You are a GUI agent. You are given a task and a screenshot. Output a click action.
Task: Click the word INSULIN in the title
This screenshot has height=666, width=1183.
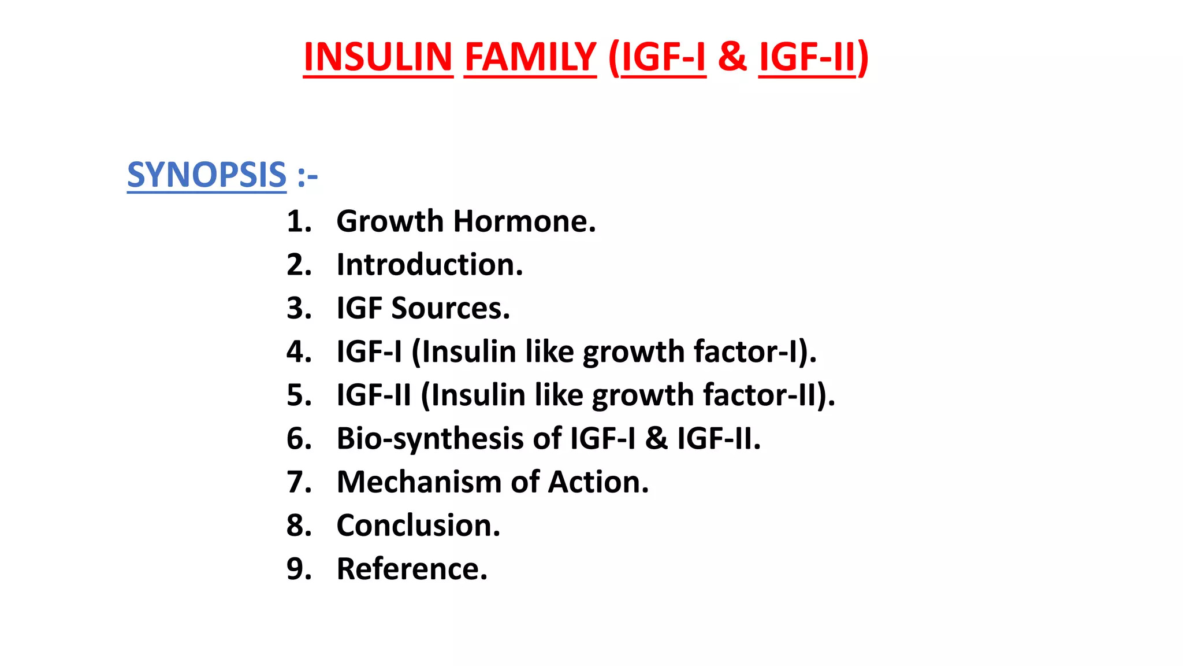click(378, 57)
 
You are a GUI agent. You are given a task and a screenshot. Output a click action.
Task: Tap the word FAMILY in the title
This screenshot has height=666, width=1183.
click(530, 57)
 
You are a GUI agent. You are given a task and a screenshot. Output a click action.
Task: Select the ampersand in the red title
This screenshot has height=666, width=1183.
click(732, 57)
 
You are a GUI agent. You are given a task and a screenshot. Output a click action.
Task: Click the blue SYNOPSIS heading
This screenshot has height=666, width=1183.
click(207, 175)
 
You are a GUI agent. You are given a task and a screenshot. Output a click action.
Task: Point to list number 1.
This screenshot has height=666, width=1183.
click(299, 221)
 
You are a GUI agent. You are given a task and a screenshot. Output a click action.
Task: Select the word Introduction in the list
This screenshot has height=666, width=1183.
click(430, 265)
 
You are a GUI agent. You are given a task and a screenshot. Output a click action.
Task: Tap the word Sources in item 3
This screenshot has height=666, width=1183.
click(451, 308)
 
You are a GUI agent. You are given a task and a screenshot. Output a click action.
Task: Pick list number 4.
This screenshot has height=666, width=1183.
click(299, 351)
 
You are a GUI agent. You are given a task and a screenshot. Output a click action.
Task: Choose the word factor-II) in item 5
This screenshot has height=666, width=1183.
click(769, 395)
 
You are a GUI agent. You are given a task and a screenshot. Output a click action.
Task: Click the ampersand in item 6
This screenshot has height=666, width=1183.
click(656, 438)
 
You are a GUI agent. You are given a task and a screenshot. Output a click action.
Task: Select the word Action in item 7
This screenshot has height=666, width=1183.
click(598, 482)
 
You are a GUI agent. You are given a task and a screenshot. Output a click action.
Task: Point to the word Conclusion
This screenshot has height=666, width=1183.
click(418, 525)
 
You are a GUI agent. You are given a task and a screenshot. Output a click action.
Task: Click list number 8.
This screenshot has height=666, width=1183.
click(299, 525)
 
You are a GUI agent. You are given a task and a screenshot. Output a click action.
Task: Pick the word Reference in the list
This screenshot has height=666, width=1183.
click(412, 569)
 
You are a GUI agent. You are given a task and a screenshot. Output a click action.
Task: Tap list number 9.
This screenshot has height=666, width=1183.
click(299, 569)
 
